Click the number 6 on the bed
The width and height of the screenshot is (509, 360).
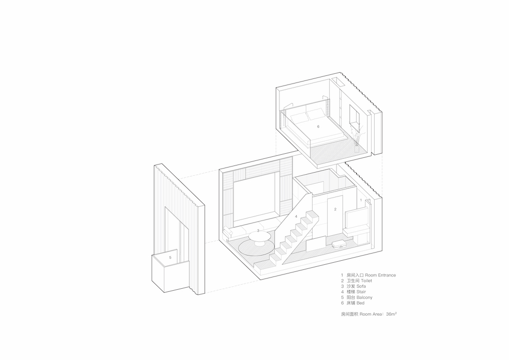tap(318, 127)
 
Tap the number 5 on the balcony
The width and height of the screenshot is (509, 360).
tap(170, 258)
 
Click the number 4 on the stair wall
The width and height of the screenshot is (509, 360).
tap(296, 216)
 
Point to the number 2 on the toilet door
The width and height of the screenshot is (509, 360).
tap(335, 209)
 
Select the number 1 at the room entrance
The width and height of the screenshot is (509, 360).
tap(361, 200)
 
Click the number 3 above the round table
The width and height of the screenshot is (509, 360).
tap(258, 231)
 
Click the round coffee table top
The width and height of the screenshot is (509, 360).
tap(260, 237)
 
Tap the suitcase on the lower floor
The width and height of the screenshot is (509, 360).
tap(338, 244)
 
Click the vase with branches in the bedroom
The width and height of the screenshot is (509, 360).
tap(357, 138)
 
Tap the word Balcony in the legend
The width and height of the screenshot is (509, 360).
tap(364, 297)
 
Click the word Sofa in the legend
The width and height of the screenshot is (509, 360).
tap(361, 286)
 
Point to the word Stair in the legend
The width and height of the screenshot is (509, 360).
tap(361, 292)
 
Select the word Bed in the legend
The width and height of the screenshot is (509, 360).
tap(360, 303)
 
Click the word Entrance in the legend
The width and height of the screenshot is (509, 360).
tap(387, 275)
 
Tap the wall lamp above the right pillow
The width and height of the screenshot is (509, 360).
tap(324, 98)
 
